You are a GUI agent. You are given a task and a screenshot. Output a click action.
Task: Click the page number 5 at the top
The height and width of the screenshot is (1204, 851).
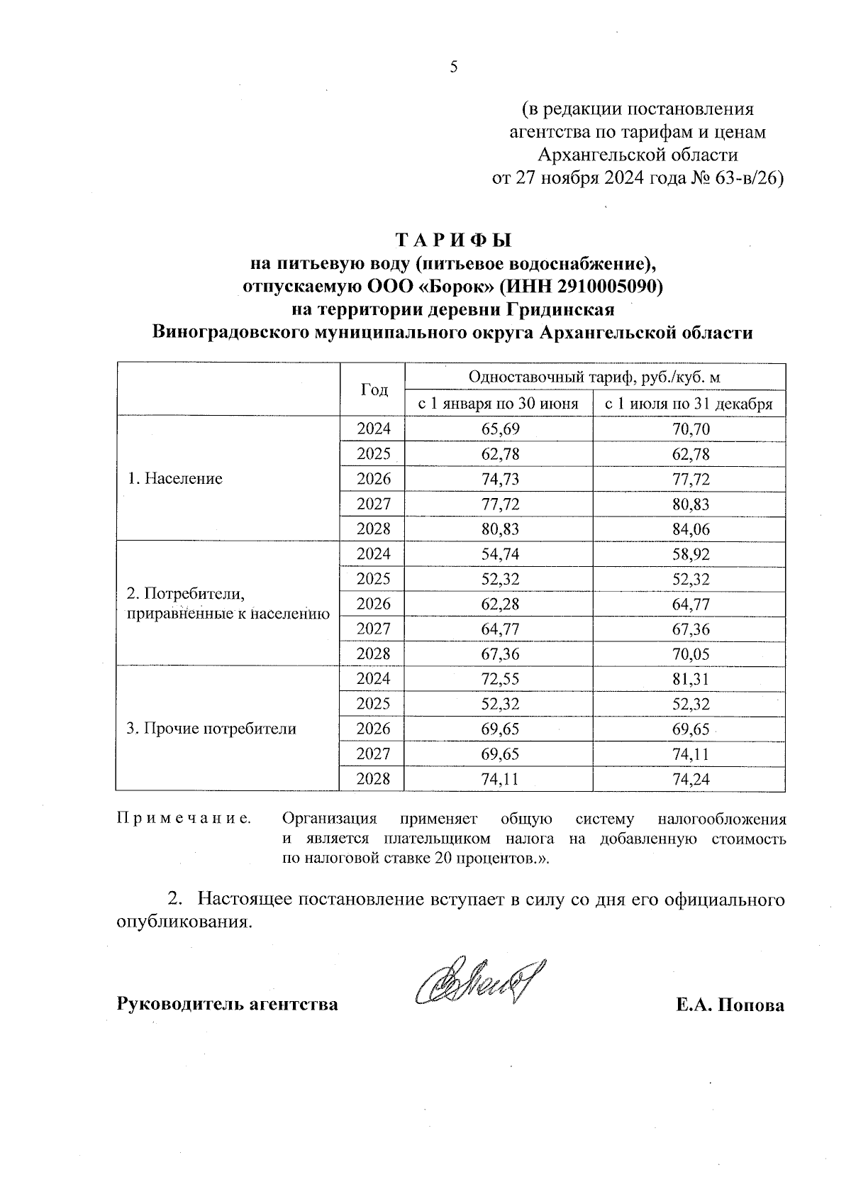454,67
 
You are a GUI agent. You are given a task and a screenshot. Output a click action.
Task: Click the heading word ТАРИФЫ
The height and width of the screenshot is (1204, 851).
453,239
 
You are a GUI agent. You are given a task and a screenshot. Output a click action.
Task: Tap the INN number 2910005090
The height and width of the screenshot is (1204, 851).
606,287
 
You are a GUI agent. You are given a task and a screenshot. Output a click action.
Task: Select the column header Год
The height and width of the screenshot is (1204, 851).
374,390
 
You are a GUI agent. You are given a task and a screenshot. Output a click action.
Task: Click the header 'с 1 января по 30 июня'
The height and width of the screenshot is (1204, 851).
498,404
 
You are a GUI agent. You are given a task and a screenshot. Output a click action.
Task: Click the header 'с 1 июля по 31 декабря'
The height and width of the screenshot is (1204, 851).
688,404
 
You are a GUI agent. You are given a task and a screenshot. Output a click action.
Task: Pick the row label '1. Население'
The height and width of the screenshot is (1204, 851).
174,478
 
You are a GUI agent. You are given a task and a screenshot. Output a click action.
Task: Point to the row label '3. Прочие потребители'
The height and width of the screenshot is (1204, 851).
211,729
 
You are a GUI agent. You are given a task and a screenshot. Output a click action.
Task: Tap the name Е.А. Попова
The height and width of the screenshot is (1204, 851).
730,1005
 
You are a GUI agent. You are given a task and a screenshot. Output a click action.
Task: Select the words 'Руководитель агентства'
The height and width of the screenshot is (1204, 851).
227,1005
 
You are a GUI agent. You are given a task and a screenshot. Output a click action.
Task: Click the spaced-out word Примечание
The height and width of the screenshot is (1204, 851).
184,819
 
